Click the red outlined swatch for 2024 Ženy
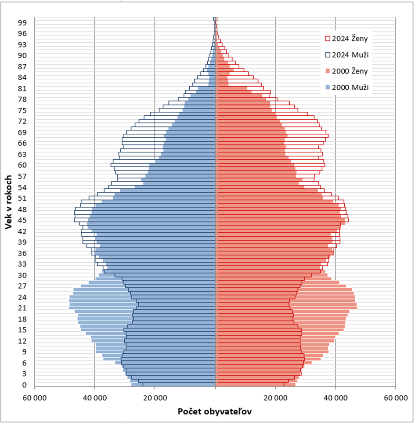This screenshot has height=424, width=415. click(327, 38)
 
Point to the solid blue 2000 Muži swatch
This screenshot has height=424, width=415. click(327, 87)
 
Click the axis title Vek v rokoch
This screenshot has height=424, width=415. click(8, 202)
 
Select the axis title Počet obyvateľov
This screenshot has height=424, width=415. click(215, 412)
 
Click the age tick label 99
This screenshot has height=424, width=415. click(22, 22)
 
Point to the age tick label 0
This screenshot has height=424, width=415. click(25, 385)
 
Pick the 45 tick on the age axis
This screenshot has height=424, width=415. click(22, 220)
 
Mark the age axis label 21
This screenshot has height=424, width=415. click(22, 308)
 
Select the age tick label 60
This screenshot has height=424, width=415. click(22, 165)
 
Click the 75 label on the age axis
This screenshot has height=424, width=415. click(22, 110)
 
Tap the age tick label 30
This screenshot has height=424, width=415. click(22, 275)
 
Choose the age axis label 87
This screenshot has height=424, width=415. click(22, 66)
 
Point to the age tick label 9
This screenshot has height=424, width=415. click(25, 352)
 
